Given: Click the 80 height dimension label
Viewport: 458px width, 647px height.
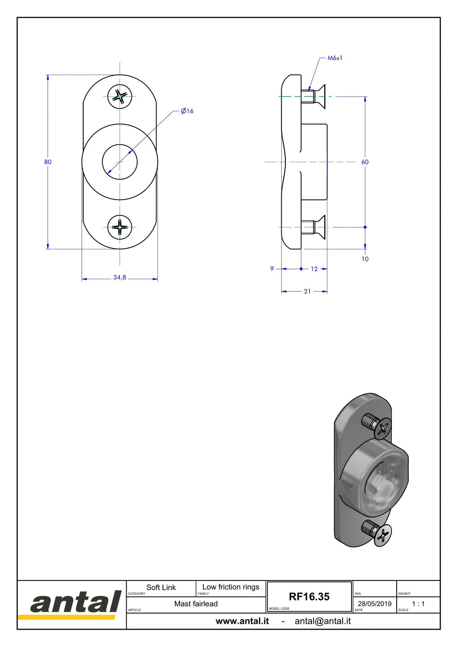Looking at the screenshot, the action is point(48,162).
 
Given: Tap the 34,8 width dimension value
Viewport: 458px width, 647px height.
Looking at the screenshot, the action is point(120,277).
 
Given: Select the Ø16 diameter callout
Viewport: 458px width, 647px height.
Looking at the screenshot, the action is point(187,111).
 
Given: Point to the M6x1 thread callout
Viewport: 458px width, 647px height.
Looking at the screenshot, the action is point(335,58).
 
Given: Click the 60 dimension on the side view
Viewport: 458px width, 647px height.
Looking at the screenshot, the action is point(365,162).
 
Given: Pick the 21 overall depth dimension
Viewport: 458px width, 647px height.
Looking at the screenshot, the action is point(307,291).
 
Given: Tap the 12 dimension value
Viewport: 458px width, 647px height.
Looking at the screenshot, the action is point(314,269).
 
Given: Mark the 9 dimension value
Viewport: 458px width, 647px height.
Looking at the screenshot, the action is point(272,269).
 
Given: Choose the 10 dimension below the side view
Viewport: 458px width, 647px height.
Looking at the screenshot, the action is point(365,259).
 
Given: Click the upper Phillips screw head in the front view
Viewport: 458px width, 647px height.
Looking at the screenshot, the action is point(120,97).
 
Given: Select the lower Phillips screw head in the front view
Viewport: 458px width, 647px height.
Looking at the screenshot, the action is point(120,227).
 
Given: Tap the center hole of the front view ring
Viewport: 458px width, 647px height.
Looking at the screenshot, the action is point(120,162).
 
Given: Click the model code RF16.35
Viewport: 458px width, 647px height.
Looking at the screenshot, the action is point(309,597).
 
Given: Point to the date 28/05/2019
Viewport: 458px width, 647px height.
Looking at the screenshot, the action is point(375,604).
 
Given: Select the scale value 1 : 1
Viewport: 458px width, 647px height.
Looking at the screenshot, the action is point(418,604).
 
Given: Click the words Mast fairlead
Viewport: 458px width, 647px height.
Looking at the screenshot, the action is point(196,604).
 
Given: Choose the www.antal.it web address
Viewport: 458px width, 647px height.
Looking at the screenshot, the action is point(242,621).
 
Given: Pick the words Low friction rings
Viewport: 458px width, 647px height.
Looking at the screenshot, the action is point(231,587).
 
